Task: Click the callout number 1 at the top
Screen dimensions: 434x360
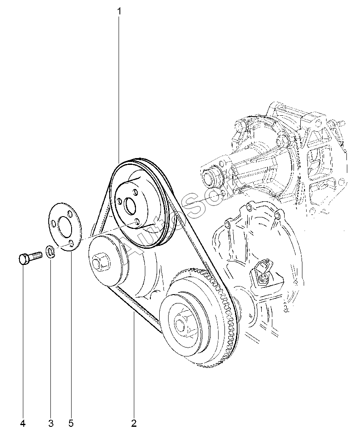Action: click(x=119, y=11)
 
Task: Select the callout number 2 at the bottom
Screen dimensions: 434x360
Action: click(x=134, y=423)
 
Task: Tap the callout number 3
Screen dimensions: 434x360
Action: click(x=51, y=423)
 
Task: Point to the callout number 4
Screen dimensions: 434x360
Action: click(x=23, y=423)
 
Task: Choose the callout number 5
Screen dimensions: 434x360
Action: click(x=71, y=423)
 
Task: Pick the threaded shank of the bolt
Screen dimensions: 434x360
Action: click(x=36, y=255)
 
